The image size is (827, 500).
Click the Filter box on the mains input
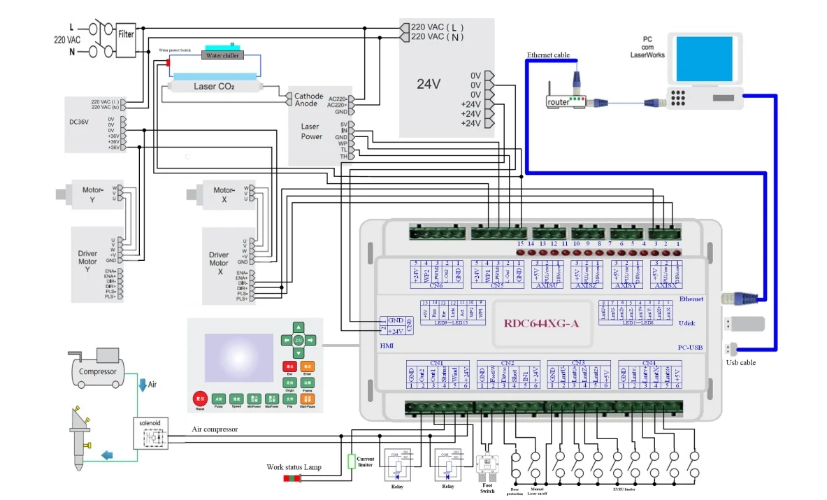click(x=126, y=34)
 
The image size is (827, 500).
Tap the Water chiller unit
click(x=222, y=56)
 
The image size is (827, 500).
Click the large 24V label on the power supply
click(x=429, y=84)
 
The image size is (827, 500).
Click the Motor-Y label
click(x=93, y=190)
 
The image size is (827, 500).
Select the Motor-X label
click(x=224, y=190)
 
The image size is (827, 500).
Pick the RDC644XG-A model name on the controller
click(x=541, y=324)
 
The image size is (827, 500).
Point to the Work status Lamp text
click(x=294, y=466)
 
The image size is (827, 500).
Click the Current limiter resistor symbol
click(x=352, y=461)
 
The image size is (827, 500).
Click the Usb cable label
click(x=740, y=362)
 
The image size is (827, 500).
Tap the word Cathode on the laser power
click(x=308, y=96)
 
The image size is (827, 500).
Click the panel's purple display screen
click(x=239, y=357)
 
